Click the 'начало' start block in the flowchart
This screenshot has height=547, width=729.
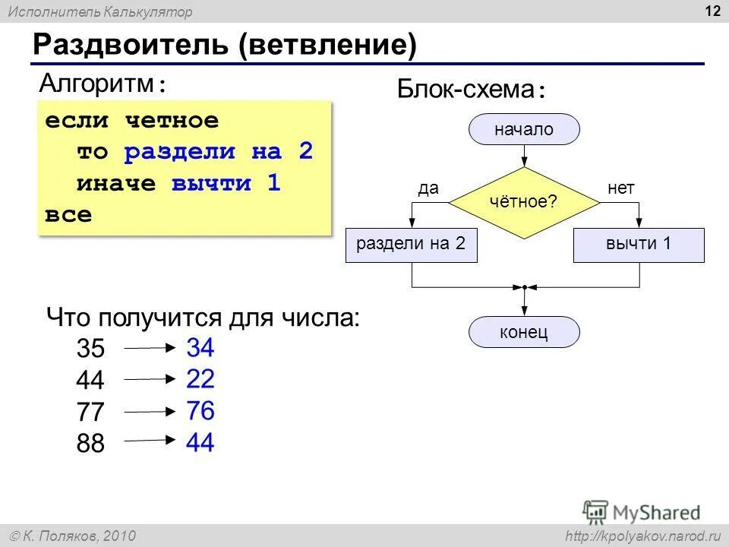pos(524,130)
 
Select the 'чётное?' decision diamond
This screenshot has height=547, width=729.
pos(524,202)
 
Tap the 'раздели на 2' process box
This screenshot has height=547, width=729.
pos(411,245)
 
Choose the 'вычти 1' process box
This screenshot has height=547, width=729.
pos(639,245)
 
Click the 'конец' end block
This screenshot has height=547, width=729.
pos(524,333)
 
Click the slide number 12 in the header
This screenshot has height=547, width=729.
pos(712,11)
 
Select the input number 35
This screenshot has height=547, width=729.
pos(90,349)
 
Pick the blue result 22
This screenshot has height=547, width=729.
pos(200,379)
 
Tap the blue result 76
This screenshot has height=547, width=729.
pos(200,411)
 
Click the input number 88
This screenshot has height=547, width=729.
pos(90,444)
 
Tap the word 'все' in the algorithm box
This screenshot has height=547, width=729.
pos(68,214)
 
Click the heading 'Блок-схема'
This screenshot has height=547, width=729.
pos(466,90)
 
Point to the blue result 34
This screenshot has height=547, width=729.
pos(200,348)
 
